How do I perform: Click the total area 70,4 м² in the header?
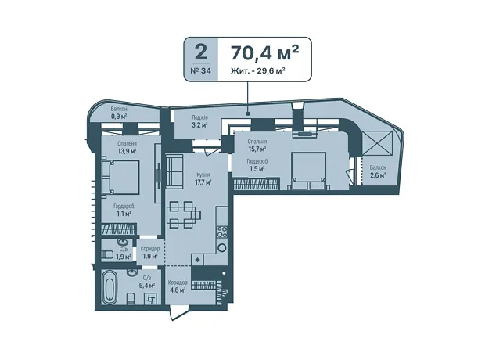coord(264,53)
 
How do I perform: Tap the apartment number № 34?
coord(201,70)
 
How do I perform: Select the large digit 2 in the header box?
coord(201,52)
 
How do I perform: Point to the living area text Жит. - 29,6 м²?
coord(257,71)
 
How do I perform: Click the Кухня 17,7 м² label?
coord(203,178)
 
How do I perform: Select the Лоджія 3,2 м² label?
coord(199,121)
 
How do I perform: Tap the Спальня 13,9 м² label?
coord(127,147)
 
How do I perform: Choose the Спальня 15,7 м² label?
coord(257,146)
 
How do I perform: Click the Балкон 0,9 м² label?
coord(119,113)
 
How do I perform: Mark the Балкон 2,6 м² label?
coord(378,171)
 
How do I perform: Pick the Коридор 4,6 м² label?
coord(178,286)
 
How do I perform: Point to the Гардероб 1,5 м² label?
coord(257,165)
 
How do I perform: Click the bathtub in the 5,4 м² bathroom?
coord(110,287)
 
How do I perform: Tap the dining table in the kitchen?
coord(184,214)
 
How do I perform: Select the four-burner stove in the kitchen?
coord(222,232)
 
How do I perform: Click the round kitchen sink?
coord(222,247)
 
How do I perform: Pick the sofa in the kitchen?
coord(174,171)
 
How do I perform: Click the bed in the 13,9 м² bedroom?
coord(120,177)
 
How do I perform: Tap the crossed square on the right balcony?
coord(377,142)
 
